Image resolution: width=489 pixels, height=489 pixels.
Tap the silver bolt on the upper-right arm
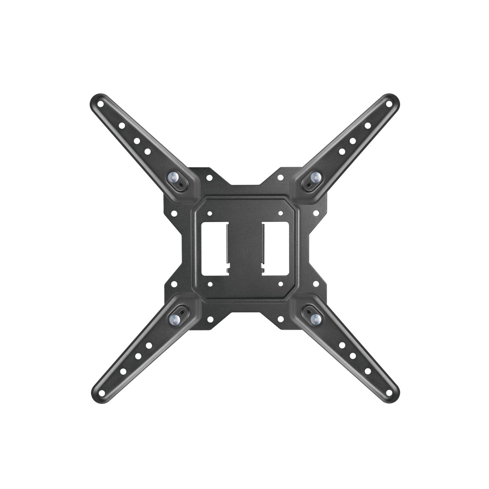point(315,176)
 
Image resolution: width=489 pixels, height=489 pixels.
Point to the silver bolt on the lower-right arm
point(315,319)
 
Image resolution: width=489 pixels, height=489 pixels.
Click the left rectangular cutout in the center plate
point(214,248)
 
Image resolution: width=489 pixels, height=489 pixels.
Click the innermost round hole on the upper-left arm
point(148,151)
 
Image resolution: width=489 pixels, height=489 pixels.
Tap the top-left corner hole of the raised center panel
point(209,213)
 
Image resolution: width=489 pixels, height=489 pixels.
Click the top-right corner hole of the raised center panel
point(280,213)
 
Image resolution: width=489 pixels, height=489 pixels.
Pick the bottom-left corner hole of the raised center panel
point(209,284)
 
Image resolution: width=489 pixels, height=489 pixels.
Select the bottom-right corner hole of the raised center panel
point(280,284)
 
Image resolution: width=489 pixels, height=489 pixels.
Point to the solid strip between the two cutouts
point(244,248)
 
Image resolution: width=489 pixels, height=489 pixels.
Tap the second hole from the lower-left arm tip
point(122,371)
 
